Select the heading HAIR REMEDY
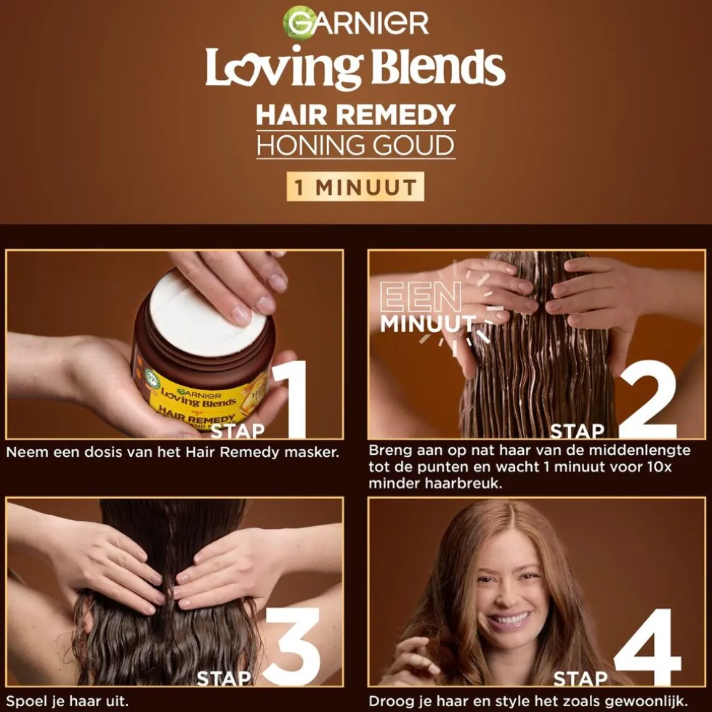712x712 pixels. (x=355, y=115)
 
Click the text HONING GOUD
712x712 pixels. (x=355, y=145)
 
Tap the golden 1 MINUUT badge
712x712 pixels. (x=355, y=187)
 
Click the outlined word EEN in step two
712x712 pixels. (x=421, y=297)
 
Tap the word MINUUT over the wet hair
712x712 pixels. (x=427, y=323)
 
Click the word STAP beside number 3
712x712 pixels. (x=224, y=679)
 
